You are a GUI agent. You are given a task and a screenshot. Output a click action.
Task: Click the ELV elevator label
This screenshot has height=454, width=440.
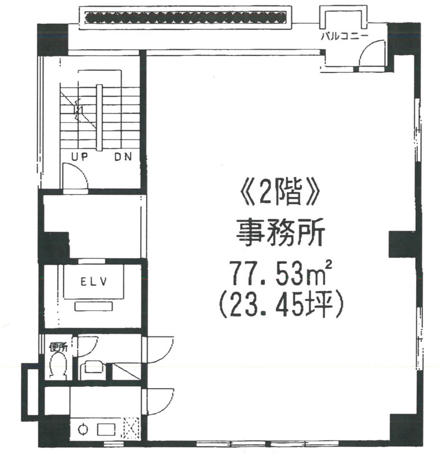click(x=94, y=281)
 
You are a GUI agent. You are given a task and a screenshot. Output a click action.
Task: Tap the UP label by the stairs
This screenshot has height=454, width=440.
click(x=80, y=157)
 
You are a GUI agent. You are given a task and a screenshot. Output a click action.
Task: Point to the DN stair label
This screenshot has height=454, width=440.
click(x=123, y=157)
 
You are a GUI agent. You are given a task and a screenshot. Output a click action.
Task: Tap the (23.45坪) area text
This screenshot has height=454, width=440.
click(x=281, y=306)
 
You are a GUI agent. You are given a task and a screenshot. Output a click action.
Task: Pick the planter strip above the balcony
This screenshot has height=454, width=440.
click(x=186, y=17)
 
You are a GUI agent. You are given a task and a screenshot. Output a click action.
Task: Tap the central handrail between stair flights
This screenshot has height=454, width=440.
click(x=100, y=118)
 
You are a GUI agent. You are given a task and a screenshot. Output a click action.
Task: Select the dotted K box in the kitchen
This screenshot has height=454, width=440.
click(x=131, y=429)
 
